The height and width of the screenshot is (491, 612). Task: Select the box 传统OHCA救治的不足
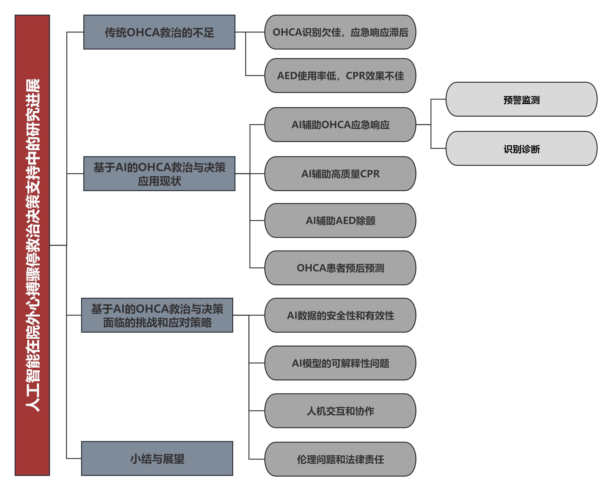159,32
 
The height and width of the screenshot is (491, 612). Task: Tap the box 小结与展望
157,458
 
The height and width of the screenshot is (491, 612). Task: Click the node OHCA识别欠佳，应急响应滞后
340,32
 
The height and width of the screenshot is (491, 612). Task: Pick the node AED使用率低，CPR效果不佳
340,76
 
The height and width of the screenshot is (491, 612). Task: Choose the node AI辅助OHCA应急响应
340,125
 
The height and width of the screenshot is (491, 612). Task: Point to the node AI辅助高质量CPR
340,174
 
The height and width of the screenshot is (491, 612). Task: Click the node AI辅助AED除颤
340,220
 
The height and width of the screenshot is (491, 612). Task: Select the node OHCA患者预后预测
340,268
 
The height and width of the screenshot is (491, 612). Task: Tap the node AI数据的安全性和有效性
340,315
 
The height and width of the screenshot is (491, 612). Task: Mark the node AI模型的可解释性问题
340,363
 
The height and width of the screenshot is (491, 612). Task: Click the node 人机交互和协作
340,411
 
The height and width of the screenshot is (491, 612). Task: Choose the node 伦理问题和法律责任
340,459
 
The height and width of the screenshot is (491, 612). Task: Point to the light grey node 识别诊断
521,148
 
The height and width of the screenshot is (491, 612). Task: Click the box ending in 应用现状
159,174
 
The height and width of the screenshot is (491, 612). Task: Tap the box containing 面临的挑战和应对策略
157,315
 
